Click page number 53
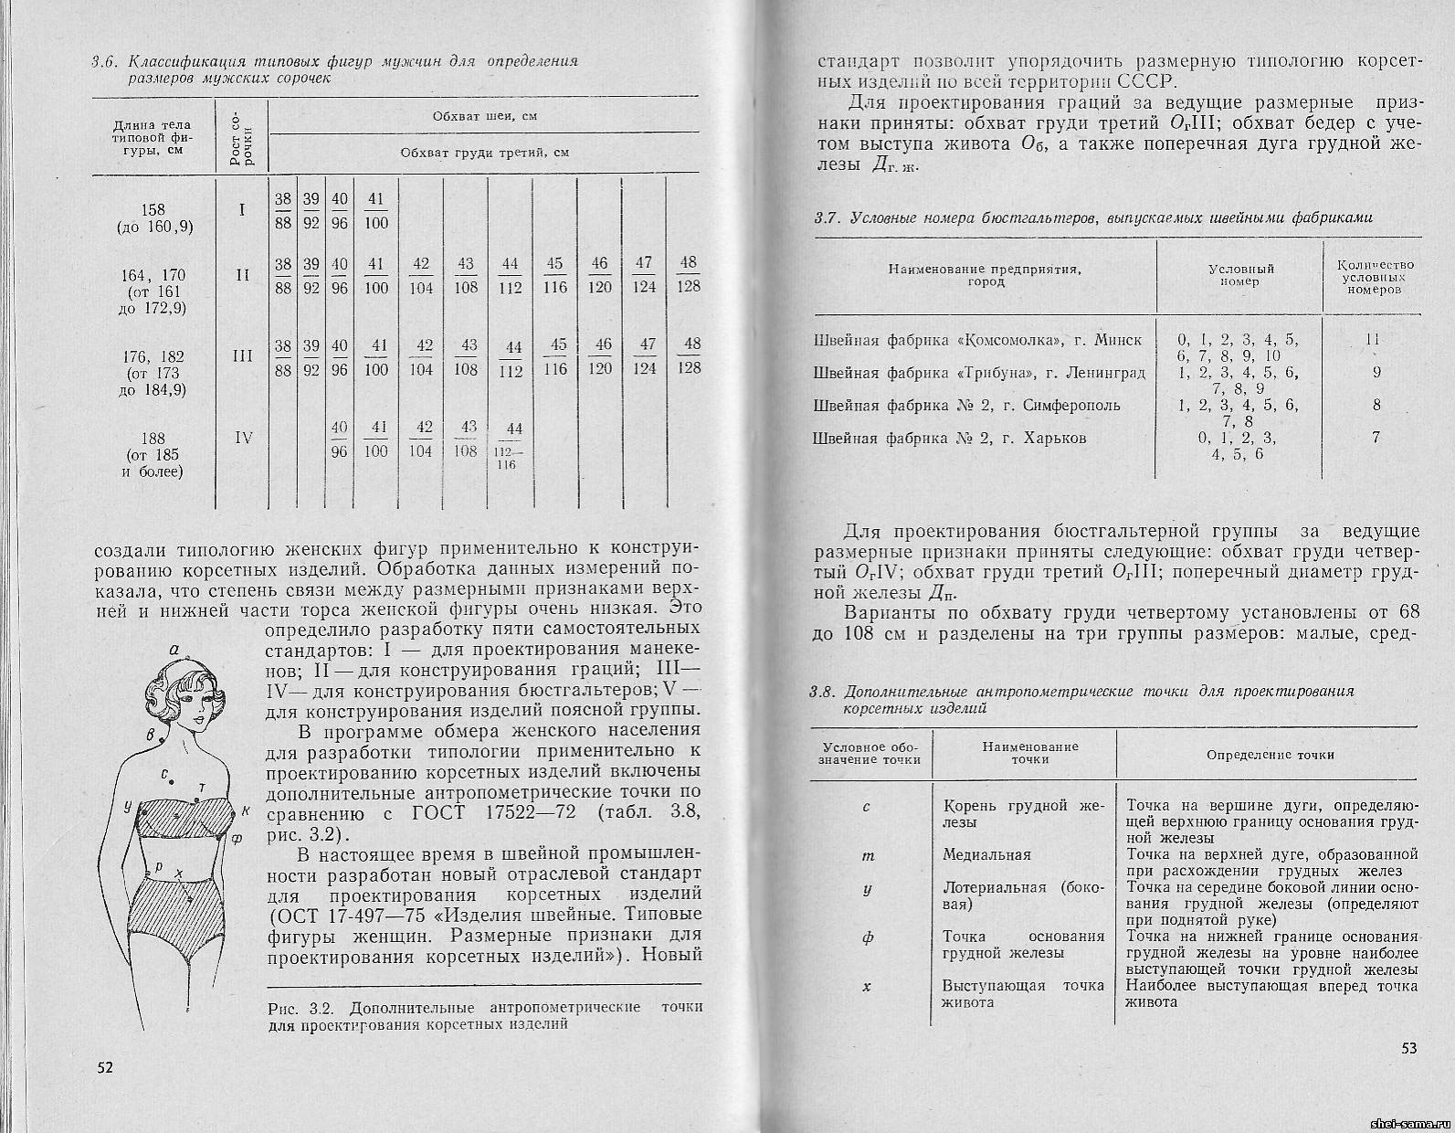click(1408, 1047)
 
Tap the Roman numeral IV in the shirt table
click(243, 438)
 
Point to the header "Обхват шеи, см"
click(483, 117)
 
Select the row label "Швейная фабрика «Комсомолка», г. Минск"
click(976, 340)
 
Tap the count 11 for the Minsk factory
click(1373, 340)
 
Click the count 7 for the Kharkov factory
click(1376, 438)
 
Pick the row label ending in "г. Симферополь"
click(966, 405)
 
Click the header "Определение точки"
click(1270, 755)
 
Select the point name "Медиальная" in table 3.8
click(986, 855)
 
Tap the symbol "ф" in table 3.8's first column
click(868, 937)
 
